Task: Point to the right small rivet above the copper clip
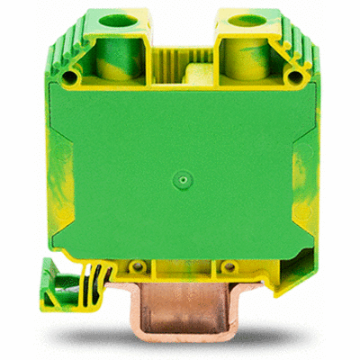(x=228, y=267)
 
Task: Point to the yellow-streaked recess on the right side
(x=301, y=180)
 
